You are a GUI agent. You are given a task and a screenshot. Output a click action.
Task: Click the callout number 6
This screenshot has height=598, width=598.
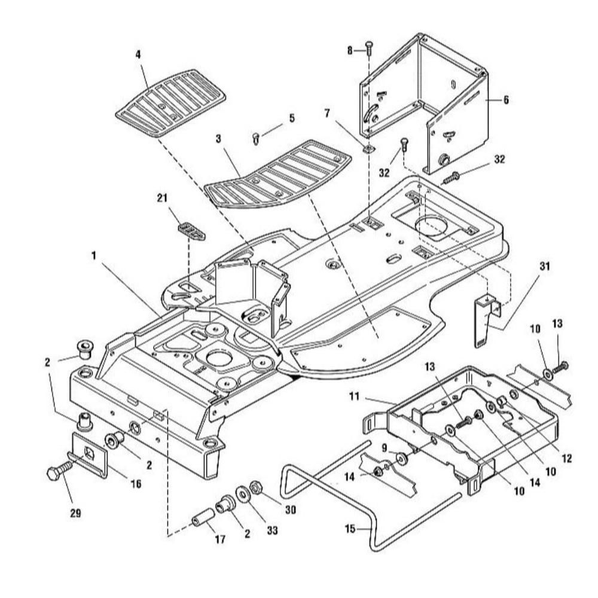point(506,100)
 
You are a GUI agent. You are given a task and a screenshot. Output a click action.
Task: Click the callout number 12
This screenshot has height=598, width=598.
point(567,459)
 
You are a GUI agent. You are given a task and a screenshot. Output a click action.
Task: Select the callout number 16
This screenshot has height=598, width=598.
point(136,484)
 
